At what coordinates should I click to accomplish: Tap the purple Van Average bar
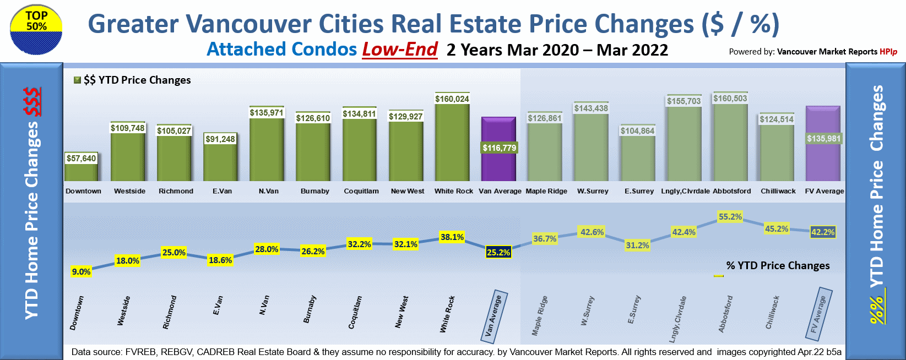[x=498, y=165]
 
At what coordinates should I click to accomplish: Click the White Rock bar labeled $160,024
[x=452, y=143]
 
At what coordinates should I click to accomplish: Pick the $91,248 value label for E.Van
[x=220, y=139]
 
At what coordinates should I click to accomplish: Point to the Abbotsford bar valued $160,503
[x=730, y=143]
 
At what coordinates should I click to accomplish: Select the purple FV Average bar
[x=823, y=160]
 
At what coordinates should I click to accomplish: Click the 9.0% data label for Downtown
[x=82, y=271]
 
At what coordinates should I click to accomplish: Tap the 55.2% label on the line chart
[x=730, y=217]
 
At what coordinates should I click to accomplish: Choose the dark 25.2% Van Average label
[x=498, y=253]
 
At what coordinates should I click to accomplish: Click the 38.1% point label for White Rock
[x=452, y=237]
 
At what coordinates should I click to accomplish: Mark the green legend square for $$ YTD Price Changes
[x=78, y=80]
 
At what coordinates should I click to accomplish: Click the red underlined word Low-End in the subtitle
[x=400, y=50]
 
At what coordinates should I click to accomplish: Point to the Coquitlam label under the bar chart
[x=361, y=191]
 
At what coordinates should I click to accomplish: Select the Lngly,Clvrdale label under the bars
[x=685, y=191]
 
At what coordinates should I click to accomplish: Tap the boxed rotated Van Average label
[x=493, y=316]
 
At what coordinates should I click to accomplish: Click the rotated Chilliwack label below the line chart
[x=773, y=312]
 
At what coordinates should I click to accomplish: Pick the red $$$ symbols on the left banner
[x=32, y=102]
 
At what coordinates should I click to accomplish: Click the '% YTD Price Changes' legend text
[x=778, y=265]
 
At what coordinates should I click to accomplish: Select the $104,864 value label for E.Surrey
[x=638, y=131]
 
